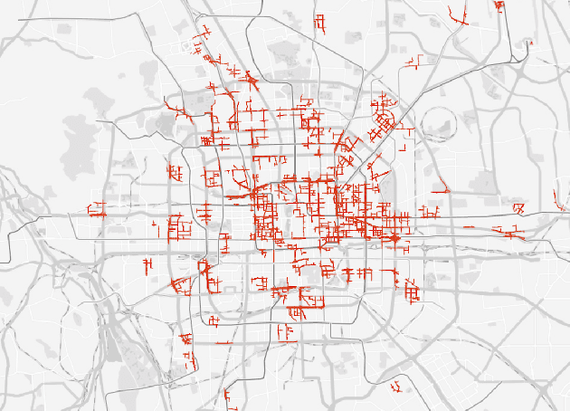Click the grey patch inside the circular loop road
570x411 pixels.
pyautogui.click(x=441, y=126)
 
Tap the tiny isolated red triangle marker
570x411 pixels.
pyautogui.click(x=532, y=43)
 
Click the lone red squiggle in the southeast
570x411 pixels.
pyautogui.click(x=397, y=388)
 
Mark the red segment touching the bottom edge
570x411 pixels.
pyautogui.click(x=225, y=398)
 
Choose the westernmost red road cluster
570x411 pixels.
pyautogui.click(x=98, y=214)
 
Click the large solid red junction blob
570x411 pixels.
pyautogui.click(x=394, y=237)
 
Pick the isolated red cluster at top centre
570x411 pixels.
pyautogui.click(x=318, y=23)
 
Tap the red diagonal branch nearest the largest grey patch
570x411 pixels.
pyautogui.click(x=173, y=109)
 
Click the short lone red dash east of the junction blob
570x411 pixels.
pyautogui.click(x=470, y=226)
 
